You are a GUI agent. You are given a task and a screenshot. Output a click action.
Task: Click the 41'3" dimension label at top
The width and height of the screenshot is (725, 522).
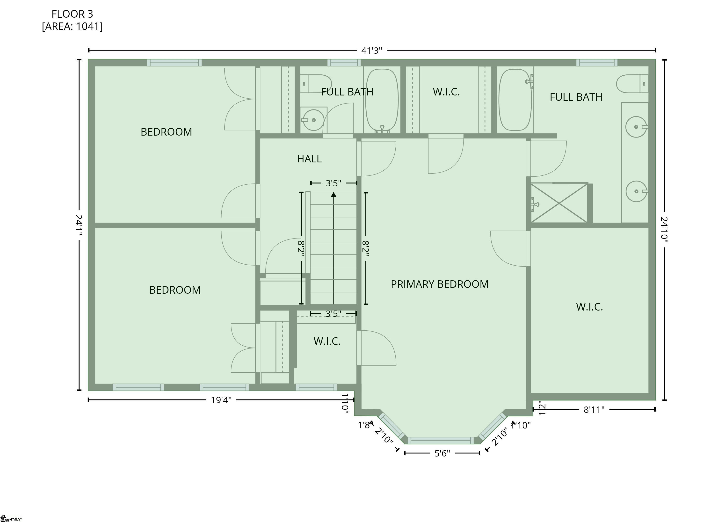(x=371, y=51)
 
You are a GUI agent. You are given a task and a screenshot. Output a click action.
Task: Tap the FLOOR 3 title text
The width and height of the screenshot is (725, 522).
(x=72, y=14)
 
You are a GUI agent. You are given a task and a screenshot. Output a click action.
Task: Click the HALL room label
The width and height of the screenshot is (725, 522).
(x=309, y=159)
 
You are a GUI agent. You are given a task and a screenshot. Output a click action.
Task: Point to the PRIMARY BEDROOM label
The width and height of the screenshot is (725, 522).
(x=440, y=284)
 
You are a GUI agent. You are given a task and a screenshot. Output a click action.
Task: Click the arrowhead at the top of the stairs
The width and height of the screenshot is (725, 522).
(x=333, y=194)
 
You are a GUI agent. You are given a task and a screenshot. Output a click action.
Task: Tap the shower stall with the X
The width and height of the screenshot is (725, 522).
(x=559, y=203)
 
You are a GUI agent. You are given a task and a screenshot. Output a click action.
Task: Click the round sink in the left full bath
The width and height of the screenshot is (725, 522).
(x=313, y=120)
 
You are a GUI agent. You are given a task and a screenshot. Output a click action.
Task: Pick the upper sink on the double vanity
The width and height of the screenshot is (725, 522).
(x=636, y=127)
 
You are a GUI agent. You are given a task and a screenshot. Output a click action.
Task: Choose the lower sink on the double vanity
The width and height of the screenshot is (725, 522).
(x=636, y=191)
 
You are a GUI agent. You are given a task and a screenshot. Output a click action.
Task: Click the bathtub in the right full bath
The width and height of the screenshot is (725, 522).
(x=515, y=100)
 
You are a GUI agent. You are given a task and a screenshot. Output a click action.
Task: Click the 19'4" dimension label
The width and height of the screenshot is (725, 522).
(x=221, y=400)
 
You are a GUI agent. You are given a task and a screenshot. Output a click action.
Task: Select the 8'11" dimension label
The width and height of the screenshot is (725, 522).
(x=594, y=409)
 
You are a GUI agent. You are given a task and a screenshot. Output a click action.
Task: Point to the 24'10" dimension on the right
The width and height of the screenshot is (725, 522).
(x=664, y=230)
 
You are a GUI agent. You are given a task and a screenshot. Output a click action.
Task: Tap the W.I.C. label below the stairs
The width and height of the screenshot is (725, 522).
(x=327, y=341)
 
